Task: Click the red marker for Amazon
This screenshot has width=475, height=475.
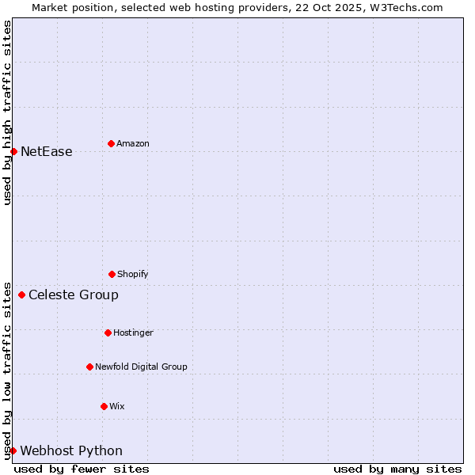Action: pyautogui.click(x=111, y=143)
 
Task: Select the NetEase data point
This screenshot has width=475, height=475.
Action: pyautogui.click(x=13, y=151)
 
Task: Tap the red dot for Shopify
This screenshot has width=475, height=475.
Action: pyautogui.click(x=112, y=274)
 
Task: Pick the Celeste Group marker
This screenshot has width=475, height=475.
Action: pyautogui.click(x=21, y=294)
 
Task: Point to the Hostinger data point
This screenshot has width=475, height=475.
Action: pyautogui.click(x=108, y=332)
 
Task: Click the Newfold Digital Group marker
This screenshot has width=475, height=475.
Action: pyautogui.click(x=89, y=367)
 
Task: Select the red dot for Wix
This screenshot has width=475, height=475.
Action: pyautogui.click(x=104, y=406)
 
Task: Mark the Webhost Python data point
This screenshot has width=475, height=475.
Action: pyautogui.click(x=13, y=450)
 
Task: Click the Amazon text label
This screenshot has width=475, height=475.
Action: pyautogui.click(x=133, y=144)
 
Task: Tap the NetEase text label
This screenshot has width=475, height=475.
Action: pyautogui.click(x=46, y=152)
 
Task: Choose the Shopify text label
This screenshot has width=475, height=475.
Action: pyautogui.click(x=133, y=275)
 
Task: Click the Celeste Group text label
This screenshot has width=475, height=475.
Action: pyautogui.click(x=74, y=295)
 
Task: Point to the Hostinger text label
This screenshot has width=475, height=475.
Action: pyautogui.click(x=133, y=333)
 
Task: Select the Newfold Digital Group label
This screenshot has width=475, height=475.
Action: pyautogui.click(x=141, y=367)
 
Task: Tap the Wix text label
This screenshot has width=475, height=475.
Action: pyautogui.click(x=117, y=407)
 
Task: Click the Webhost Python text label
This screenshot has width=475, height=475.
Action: pyautogui.click(x=71, y=451)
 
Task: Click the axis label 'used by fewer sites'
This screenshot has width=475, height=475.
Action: pyautogui.click(x=82, y=469)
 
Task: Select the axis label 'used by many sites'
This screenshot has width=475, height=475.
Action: pyautogui.click(x=397, y=469)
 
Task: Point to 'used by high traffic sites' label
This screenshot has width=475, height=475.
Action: pyautogui.click(x=8, y=112)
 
